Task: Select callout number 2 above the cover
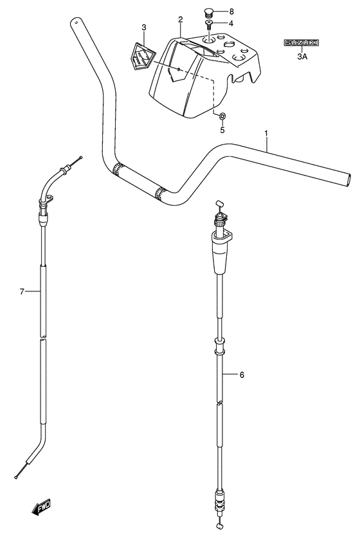point(181,19)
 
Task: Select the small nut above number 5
point(221,116)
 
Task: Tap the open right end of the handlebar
point(348,176)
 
